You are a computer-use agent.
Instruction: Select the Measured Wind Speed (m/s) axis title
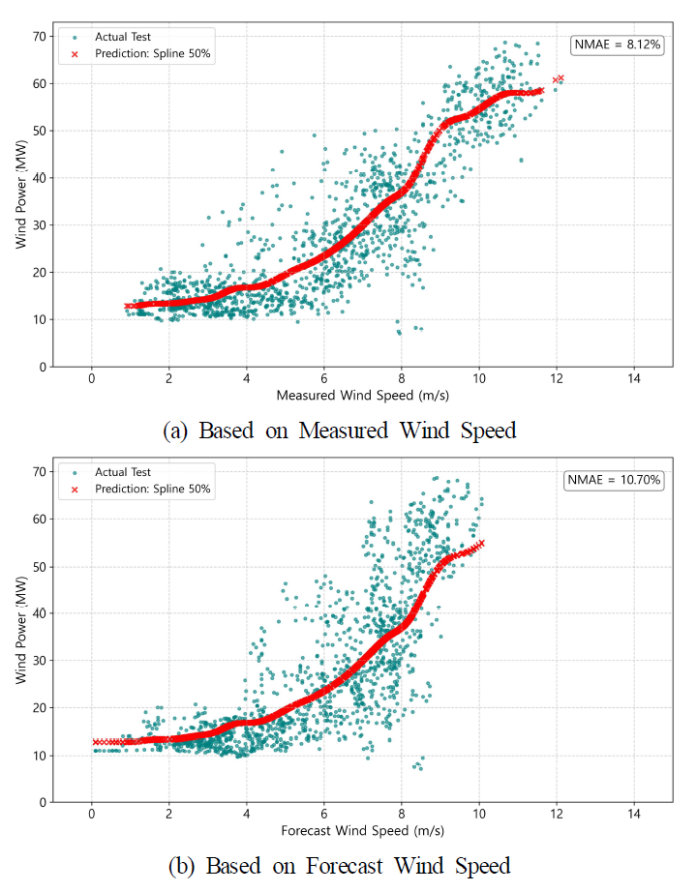363,395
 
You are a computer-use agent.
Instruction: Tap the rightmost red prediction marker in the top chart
561,77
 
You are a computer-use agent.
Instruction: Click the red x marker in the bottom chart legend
75,489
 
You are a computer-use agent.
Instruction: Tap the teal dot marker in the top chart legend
75,37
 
